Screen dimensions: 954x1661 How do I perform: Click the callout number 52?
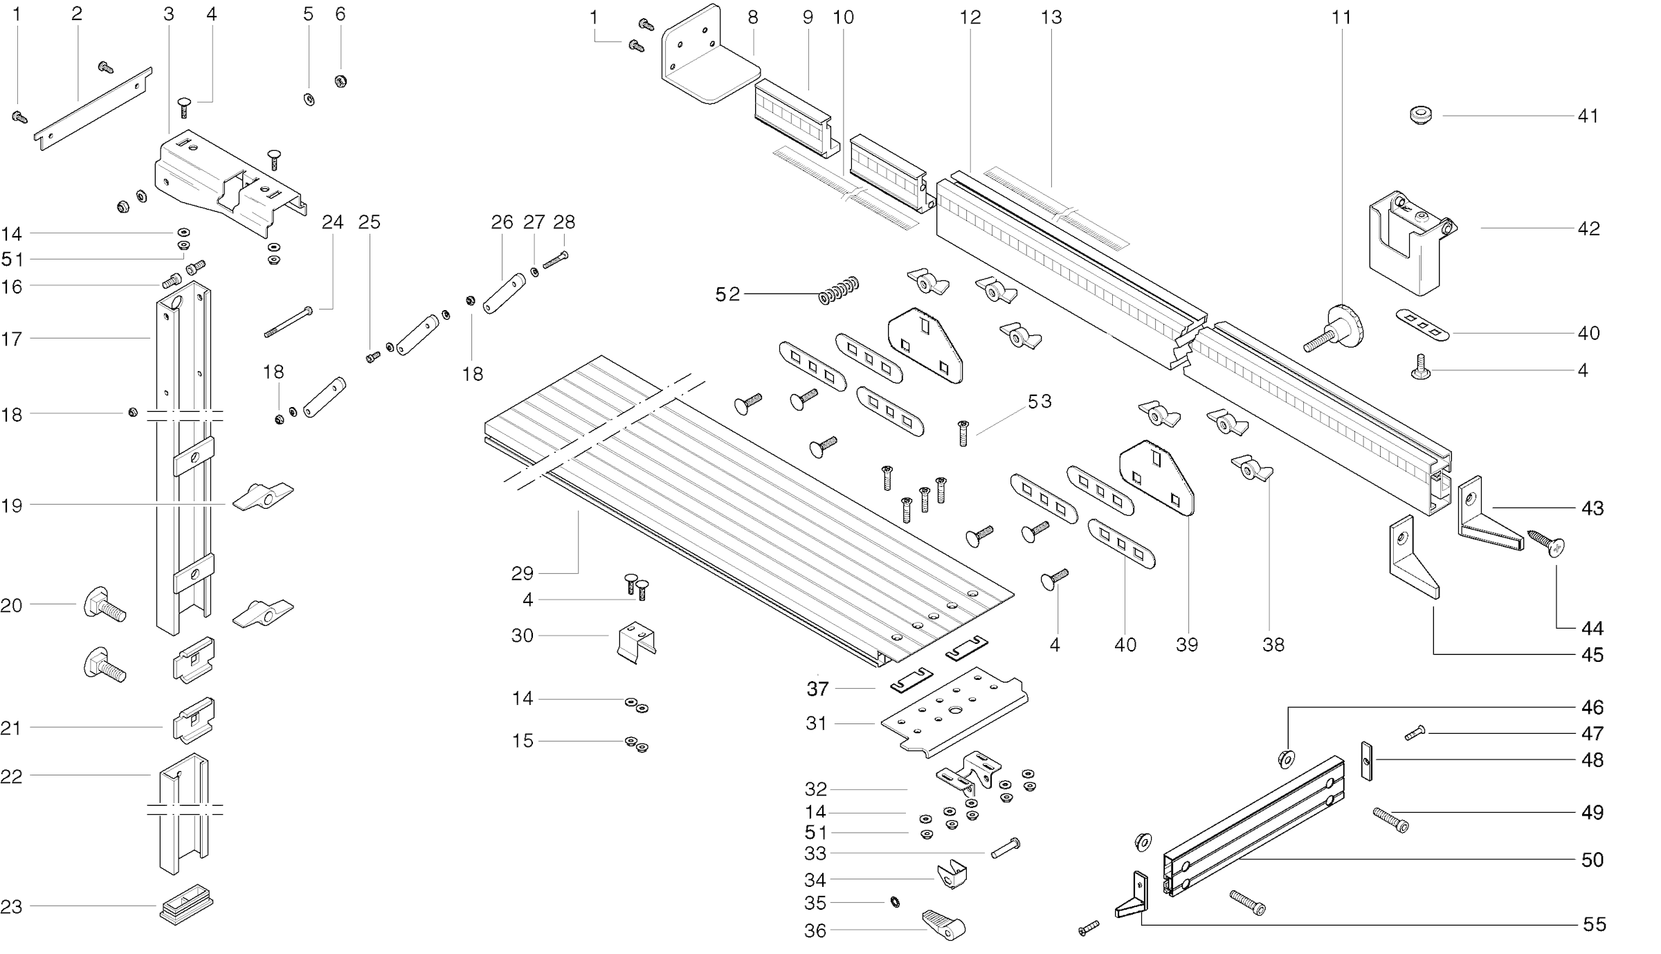click(x=727, y=295)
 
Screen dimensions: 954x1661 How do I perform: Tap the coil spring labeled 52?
click(x=839, y=290)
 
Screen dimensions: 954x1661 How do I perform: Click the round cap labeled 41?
click(x=1422, y=115)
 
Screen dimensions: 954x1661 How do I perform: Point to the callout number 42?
click(x=1588, y=229)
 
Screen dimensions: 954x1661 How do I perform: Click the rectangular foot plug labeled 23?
click(x=186, y=903)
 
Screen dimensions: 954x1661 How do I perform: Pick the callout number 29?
click(x=523, y=573)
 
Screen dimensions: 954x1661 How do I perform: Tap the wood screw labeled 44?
click(x=1547, y=543)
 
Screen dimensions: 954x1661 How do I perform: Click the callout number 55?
click(x=1595, y=924)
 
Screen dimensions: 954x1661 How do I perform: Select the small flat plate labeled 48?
click(x=1366, y=761)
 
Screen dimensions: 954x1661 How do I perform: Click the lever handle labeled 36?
click(x=944, y=924)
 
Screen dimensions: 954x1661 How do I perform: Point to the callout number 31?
click(x=816, y=723)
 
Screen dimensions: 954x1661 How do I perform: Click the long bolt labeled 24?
click(x=288, y=323)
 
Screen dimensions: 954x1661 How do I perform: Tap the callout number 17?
click(x=12, y=339)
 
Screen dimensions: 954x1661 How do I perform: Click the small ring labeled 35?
click(x=895, y=902)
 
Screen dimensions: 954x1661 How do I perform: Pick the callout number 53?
click(x=1040, y=402)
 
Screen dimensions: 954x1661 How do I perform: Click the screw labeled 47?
click(x=1415, y=732)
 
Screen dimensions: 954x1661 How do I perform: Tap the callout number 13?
click(x=1051, y=17)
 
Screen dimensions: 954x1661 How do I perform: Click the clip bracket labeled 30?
click(x=636, y=641)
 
